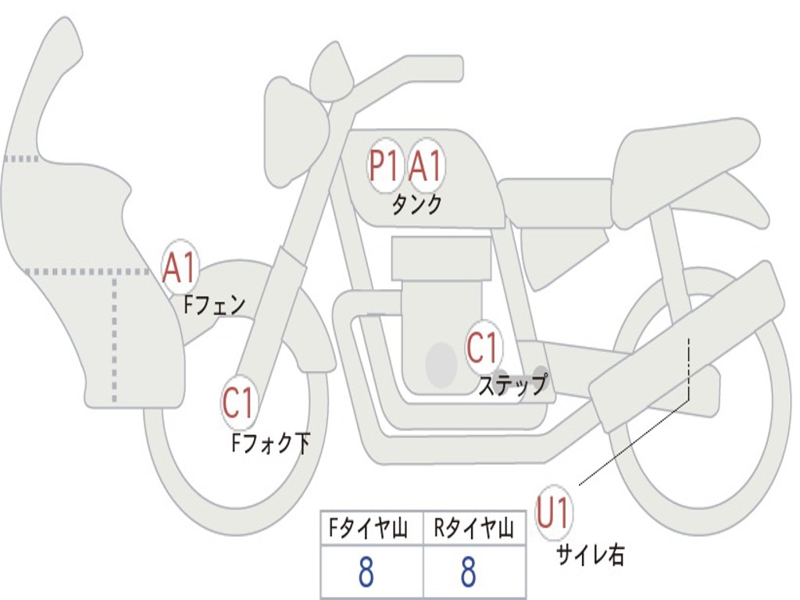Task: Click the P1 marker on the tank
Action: pyautogui.click(x=384, y=166)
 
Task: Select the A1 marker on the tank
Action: pyautogui.click(x=426, y=166)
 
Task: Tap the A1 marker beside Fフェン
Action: pyautogui.click(x=180, y=268)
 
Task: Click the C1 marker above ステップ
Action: pyautogui.click(x=482, y=348)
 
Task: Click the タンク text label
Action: pyautogui.click(x=416, y=205)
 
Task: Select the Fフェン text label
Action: pyautogui.click(x=214, y=304)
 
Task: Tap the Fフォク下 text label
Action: pyautogui.click(x=270, y=444)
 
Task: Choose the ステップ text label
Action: pyautogui.click(x=512, y=385)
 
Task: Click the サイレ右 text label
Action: pyautogui.click(x=590, y=555)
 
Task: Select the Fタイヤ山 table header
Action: pyautogui.click(x=368, y=530)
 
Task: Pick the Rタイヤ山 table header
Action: pyautogui.click(x=473, y=530)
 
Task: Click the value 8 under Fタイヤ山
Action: pyautogui.click(x=366, y=573)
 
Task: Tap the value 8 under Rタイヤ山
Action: pyautogui.click(x=468, y=573)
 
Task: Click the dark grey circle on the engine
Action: pyautogui.click(x=441, y=364)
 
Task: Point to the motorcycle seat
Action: pyautogui.click(x=684, y=160)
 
